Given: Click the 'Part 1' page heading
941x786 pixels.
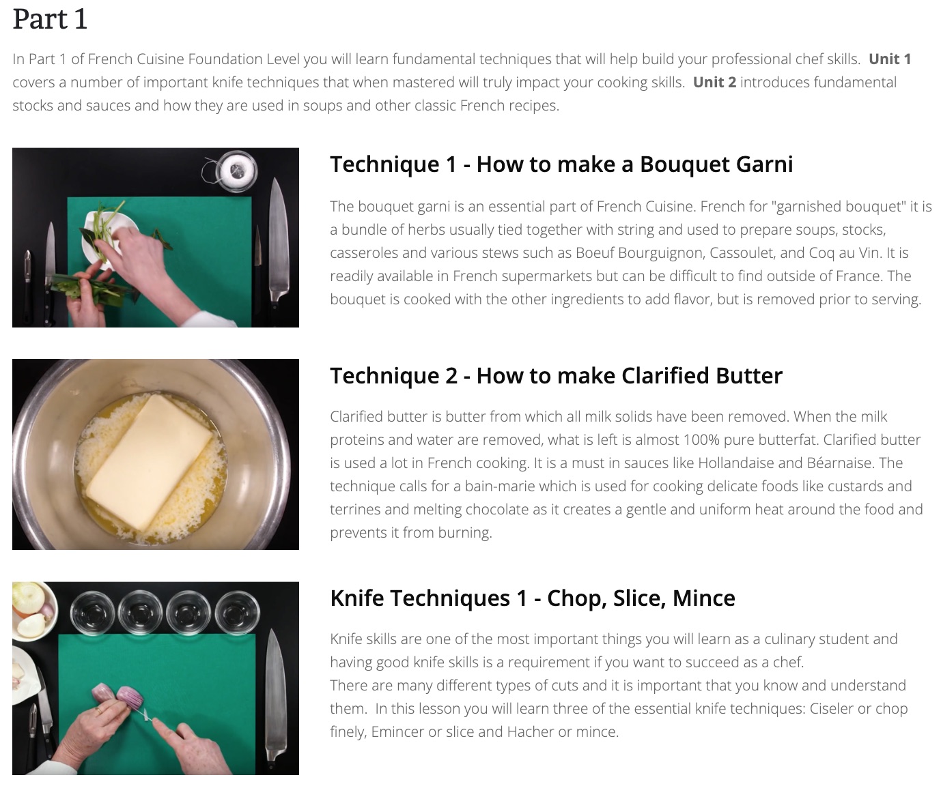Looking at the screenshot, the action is click(50, 19).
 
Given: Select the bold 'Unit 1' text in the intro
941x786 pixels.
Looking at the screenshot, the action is click(890, 59).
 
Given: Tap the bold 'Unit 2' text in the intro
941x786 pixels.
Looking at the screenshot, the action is click(714, 83).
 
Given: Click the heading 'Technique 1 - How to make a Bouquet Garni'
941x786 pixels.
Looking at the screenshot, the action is click(561, 164).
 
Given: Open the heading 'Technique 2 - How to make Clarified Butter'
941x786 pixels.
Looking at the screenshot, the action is click(556, 376).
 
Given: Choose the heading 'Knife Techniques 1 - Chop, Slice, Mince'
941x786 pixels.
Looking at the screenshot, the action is click(532, 598).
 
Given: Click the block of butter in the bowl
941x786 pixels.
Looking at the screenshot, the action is click(149, 462).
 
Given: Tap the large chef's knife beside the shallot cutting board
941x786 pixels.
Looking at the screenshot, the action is click(275, 697).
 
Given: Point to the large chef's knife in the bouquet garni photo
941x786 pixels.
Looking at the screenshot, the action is click(279, 242).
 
